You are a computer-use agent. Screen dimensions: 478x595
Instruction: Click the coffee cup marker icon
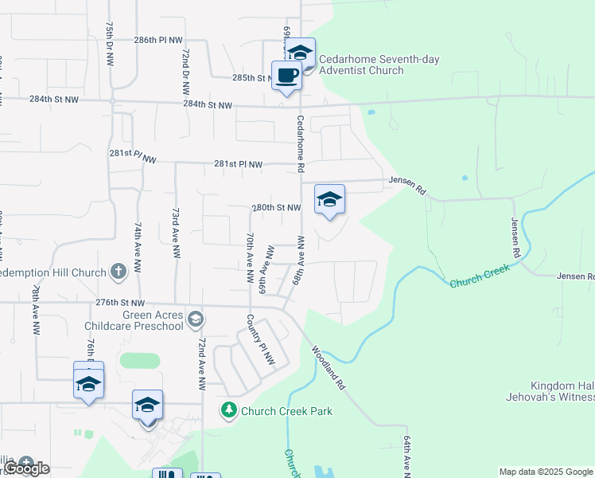[x=286, y=76]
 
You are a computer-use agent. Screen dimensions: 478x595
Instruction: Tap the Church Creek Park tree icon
[x=229, y=410]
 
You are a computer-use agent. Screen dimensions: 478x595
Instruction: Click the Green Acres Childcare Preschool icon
[x=196, y=319]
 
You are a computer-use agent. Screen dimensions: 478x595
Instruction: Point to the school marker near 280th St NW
[x=329, y=199]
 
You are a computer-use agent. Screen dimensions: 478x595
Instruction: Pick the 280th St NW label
[x=276, y=207]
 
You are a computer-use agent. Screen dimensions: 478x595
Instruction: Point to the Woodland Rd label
[x=327, y=366]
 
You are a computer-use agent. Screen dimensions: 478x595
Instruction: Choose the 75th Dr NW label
[x=108, y=44]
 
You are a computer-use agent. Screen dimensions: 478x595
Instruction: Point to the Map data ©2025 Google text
[x=546, y=472]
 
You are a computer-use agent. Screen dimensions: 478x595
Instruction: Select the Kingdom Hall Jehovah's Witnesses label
[x=550, y=390]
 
